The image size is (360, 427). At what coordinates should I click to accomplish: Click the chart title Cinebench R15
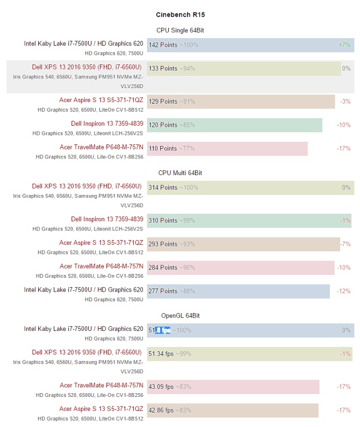pos(180,15)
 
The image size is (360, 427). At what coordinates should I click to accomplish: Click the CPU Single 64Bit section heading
pos(180,31)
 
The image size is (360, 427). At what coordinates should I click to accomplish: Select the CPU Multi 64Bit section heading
pos(180,173)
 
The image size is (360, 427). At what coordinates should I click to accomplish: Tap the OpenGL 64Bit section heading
pos(180,315)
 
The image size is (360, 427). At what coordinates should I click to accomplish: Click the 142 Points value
pos(163,45)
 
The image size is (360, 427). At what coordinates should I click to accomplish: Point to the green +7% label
pos(344,45)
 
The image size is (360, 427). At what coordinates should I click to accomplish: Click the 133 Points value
pos(163,69)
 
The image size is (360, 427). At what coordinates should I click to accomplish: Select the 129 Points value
pos(163,102)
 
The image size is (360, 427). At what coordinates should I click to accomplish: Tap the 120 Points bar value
pos(163,125)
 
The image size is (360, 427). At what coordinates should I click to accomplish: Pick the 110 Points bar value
pos(163,149)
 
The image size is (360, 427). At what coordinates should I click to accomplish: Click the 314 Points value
pos(163,188)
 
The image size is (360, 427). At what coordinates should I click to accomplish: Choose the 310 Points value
pos(163,221)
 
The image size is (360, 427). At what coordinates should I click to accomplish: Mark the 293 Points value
pos(163,244)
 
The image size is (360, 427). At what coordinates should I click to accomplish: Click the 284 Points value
pos(163,268)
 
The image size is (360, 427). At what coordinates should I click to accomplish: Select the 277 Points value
pos(163,292)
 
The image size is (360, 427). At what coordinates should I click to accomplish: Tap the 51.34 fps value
pos(161,354)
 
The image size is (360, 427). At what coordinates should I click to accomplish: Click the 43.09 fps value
pos(161,387)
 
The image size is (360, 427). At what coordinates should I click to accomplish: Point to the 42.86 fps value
pos(161,410)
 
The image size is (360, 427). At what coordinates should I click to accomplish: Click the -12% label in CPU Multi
pos(344,292)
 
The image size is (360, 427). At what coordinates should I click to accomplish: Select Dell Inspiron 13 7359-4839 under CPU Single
pos(107,124)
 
